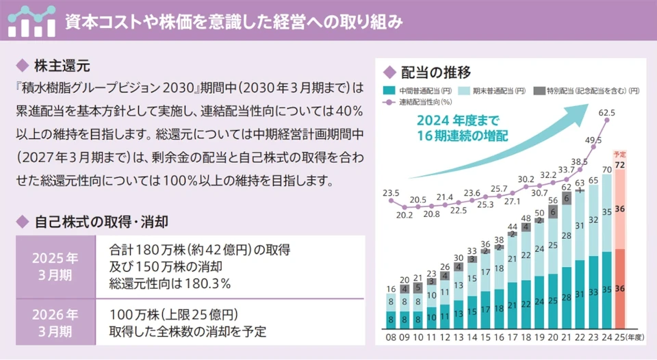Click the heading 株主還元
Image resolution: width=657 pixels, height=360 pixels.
point(62,66)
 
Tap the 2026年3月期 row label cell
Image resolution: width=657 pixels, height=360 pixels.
point(55,322)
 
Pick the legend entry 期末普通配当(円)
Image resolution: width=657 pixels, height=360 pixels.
point(496,91)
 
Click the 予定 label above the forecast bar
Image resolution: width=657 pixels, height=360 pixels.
point(621,155)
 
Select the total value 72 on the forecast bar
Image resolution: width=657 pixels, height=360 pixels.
point(621,165)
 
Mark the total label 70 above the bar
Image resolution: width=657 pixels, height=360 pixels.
point(607,169)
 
